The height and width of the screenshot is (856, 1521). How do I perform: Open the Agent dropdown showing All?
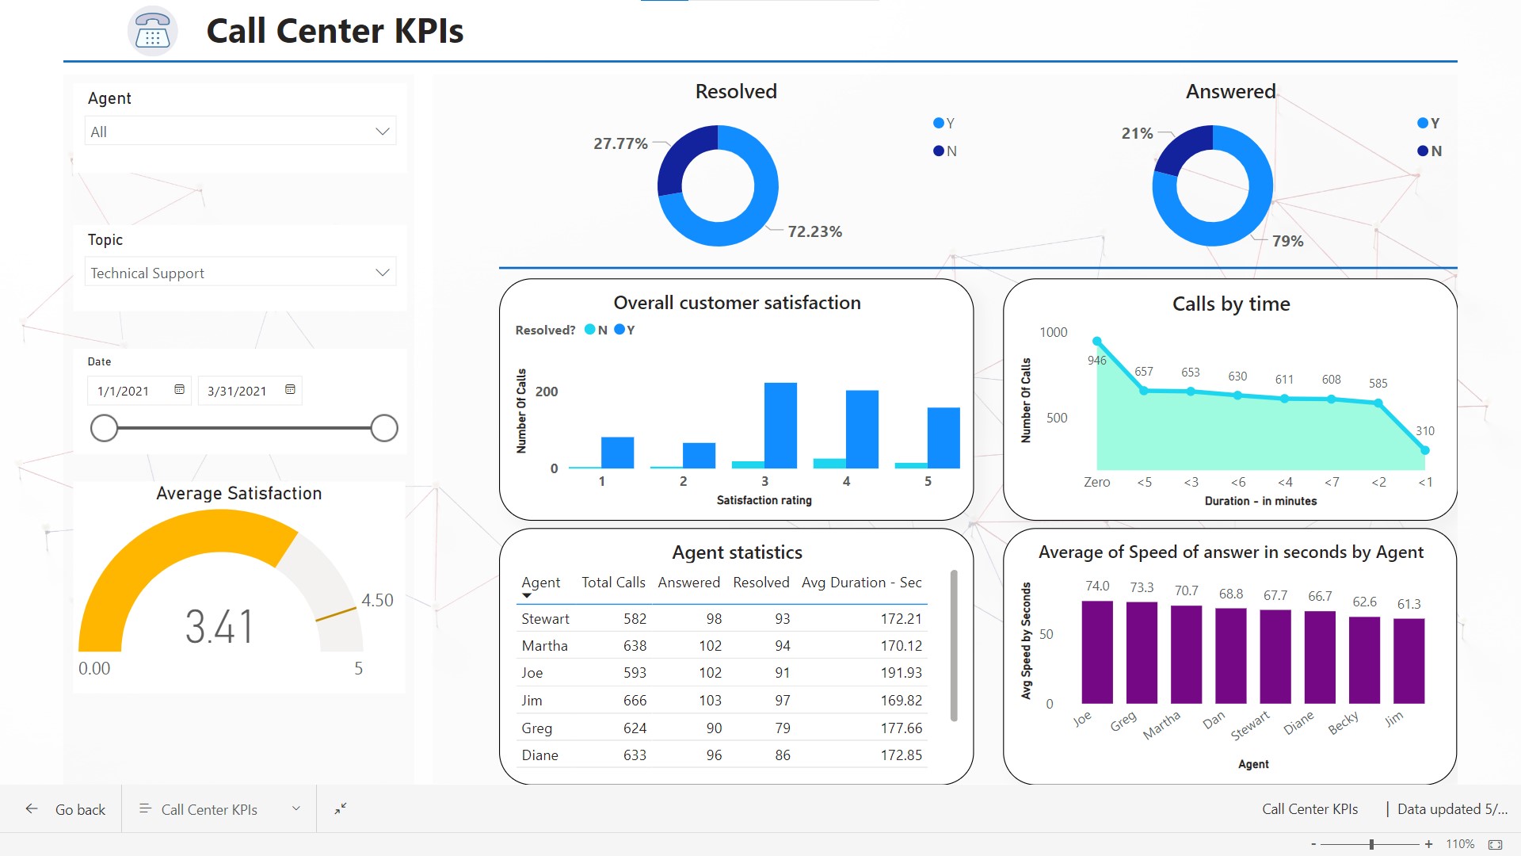240,132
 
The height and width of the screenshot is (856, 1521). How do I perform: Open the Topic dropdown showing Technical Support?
240,273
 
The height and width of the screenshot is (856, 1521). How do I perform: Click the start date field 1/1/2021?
124,391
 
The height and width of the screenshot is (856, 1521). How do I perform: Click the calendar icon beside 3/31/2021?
290,390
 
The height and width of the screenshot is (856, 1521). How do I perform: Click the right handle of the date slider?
384,428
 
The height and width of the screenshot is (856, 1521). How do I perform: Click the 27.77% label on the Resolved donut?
620,143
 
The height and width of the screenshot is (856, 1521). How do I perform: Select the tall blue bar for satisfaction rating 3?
780,426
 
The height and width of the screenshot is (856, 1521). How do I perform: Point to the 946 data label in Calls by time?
1096,361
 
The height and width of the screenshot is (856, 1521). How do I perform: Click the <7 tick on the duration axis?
1332,482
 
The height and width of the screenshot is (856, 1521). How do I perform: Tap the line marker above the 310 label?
1425,450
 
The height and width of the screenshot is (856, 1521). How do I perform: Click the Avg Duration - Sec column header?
861,583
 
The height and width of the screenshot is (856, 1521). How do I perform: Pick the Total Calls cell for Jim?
635,701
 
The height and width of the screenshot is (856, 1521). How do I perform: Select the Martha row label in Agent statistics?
544,646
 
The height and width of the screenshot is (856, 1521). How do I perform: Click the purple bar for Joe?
1097,652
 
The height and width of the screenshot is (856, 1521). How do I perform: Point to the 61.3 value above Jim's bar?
1409,604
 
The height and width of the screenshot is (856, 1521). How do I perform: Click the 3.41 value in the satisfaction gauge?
219,626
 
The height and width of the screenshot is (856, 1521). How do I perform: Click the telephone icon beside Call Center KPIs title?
152,31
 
